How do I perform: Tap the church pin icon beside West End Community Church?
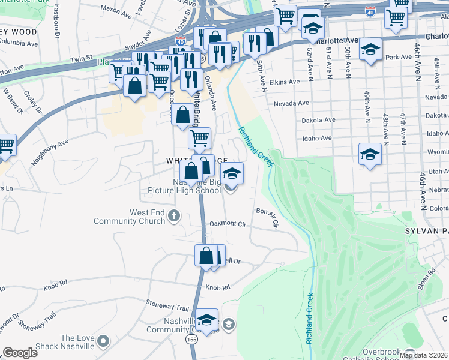coord(174,215)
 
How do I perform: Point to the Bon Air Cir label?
coord(268,217)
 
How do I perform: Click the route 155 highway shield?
coord(191,339)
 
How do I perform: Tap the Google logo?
coord(20,353)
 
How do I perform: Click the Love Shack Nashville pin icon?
coord(103,342)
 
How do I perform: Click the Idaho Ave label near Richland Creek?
coord(318,138)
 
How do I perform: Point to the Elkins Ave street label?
coord(285,82)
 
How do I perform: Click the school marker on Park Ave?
coord(371,49)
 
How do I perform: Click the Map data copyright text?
coord(423,355)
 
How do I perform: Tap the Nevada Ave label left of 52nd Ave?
coord(286,104)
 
